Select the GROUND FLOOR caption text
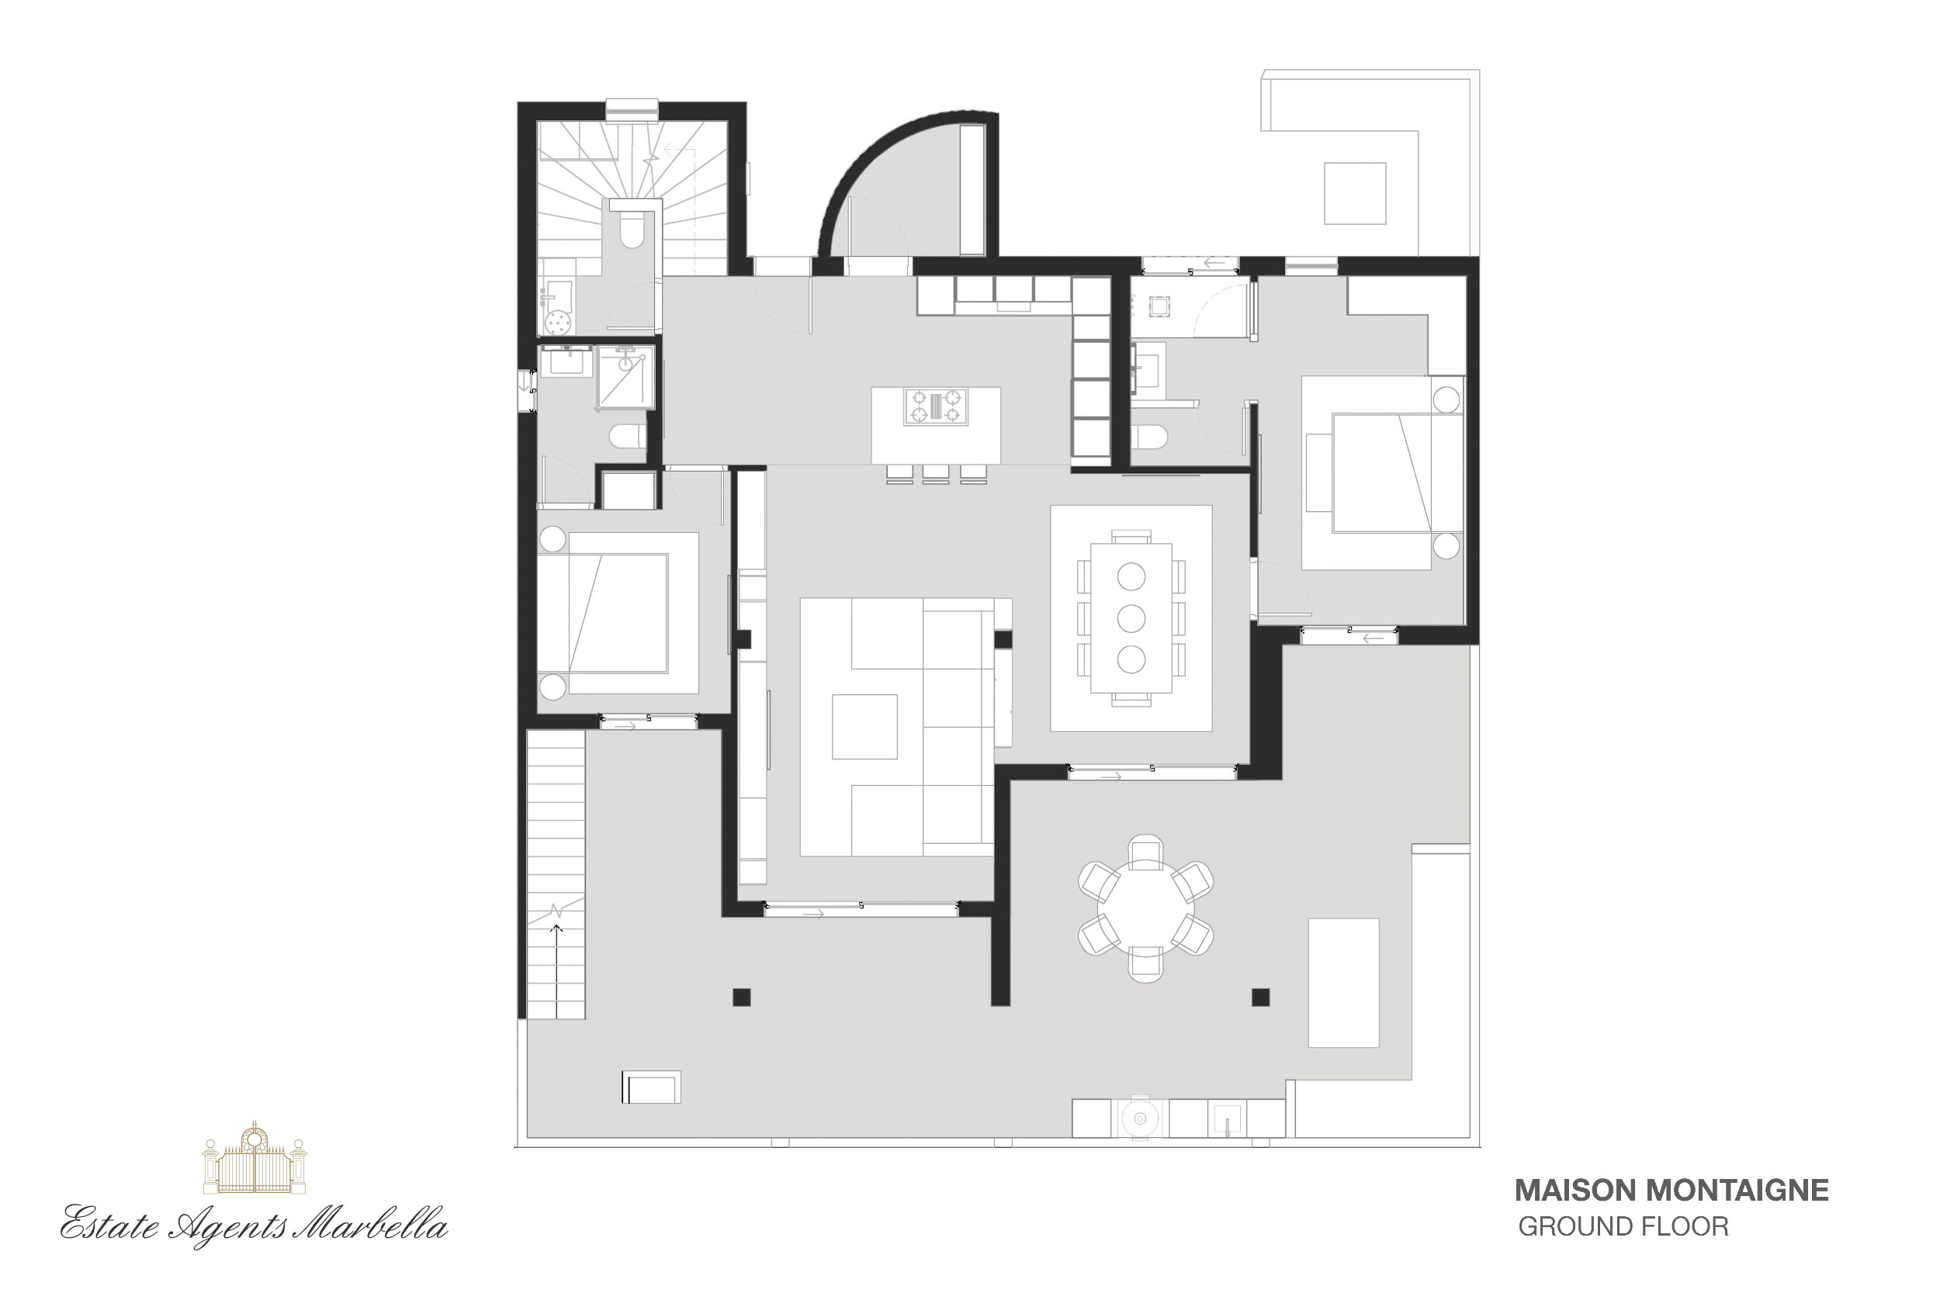[x=1623, y=1227]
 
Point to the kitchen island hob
[x=935, y=406]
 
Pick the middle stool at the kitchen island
[x=935, y=474]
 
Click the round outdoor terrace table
[x=1145, y=908]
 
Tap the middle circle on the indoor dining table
[x=1131, y=617]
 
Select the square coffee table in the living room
[x=864, y=727]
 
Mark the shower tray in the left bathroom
[x=625, y=378]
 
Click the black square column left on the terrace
[x=742, y=997]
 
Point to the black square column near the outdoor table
[x=1260, y=997]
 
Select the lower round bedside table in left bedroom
[x=553, y=686]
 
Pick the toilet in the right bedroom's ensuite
[x=1148, y=436]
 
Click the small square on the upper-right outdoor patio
[x=1355, y=194]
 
